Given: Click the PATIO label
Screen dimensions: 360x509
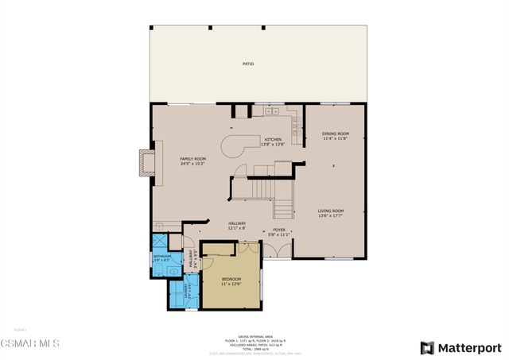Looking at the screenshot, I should tap(248, 64).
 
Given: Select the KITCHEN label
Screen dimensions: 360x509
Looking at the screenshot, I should tap(273, 140).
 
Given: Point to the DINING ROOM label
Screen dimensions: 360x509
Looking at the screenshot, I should tap(336, 134).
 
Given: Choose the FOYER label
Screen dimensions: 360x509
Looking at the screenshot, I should tap(279, 230).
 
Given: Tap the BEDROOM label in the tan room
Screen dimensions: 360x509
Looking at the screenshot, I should tap(231, 279).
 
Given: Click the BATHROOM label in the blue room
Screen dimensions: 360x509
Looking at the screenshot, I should tap(161, 256).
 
